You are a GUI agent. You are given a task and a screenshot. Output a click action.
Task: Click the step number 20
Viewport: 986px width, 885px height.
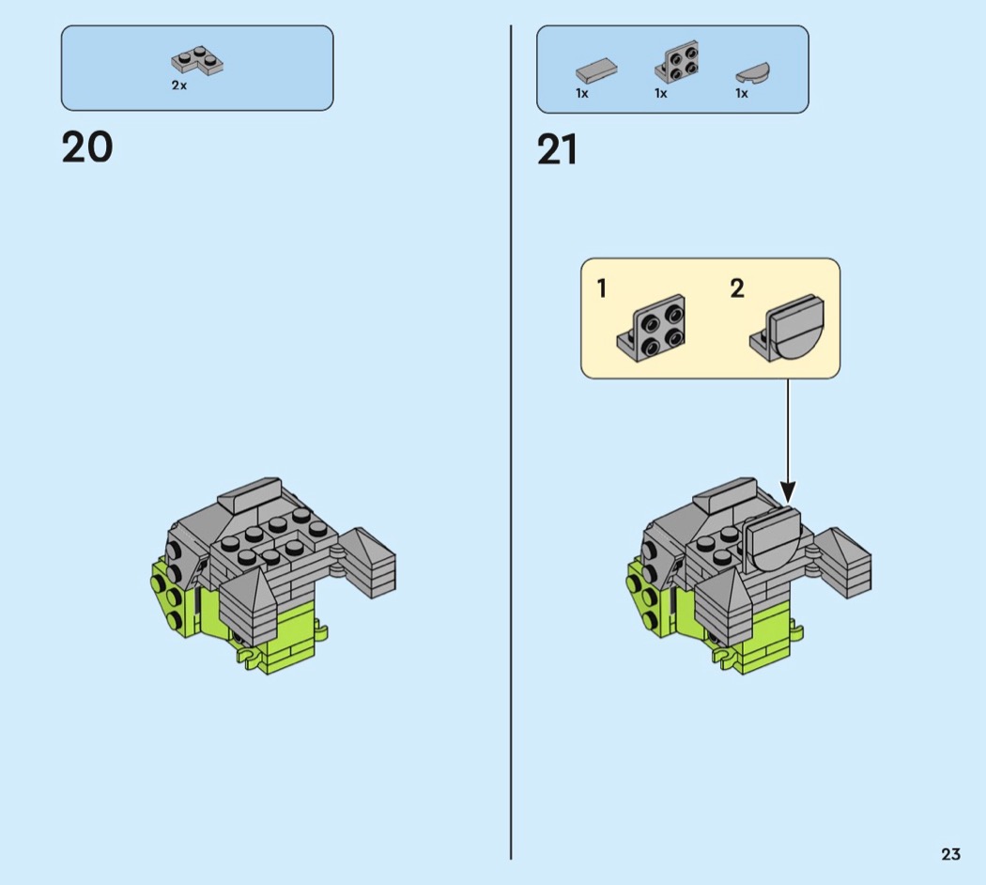[x=87, y=147]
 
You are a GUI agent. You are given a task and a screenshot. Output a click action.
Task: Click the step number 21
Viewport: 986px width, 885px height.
[x=557, y=149]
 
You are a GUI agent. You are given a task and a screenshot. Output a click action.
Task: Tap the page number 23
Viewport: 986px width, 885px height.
[x=950, y=854]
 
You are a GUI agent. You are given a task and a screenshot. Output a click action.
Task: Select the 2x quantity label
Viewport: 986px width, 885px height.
[x=179, y=85]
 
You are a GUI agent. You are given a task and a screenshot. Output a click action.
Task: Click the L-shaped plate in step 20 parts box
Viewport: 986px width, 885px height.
[x=197, y=60]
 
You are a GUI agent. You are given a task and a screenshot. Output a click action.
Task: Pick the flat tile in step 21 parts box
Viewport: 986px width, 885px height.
[x=596, y=70]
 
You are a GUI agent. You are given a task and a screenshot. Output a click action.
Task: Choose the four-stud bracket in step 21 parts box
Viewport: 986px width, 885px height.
[x=677, y=62]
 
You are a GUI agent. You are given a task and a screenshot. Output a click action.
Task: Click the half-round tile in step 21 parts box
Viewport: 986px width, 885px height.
[x=753, y=72]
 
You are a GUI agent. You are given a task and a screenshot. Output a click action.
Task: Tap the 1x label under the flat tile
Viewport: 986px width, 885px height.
[x=582, y=93]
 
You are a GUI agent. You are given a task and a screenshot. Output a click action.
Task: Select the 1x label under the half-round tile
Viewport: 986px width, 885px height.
[x=742, y=93]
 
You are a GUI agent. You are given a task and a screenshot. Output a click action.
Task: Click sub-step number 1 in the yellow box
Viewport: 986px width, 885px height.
[x=602, y=288]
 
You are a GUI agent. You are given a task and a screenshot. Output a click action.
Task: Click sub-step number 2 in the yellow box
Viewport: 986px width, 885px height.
[x=737, y=288]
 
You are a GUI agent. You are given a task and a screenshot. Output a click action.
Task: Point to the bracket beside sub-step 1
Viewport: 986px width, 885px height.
[x=652, y=328]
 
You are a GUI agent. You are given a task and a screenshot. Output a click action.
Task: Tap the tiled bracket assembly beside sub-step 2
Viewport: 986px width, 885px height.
[x=787, y=328]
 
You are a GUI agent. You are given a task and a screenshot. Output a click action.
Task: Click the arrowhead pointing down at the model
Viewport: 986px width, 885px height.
[x=788, y=492]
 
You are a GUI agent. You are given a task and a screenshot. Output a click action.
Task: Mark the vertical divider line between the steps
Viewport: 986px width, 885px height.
[x=511, y=442]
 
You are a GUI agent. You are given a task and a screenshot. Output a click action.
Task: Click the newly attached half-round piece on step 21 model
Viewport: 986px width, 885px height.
[x=773, y=539]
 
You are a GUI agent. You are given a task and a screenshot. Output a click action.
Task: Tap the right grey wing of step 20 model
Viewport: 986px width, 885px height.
[x=368, y=563]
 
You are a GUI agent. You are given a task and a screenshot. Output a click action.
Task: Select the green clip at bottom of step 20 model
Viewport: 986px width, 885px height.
[x=249, y=657]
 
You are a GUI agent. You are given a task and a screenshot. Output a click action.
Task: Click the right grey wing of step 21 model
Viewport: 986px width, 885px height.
[x=843, y=563]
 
